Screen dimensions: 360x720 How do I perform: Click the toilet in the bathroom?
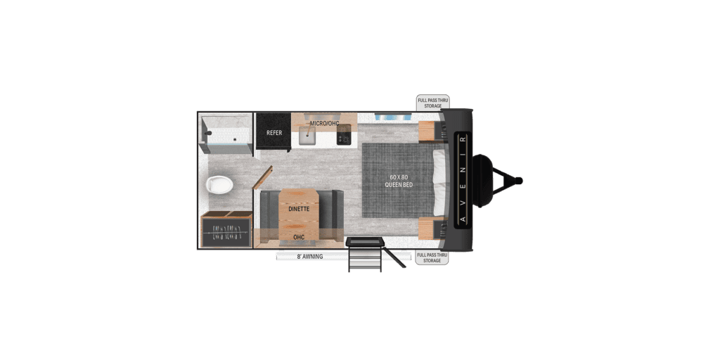pyautogui.click(x=219, y=185)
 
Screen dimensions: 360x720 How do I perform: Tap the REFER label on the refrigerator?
pyautogui.click(x=274, y=132)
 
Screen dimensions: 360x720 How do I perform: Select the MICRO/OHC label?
pyautogui.click(x=324, y=124)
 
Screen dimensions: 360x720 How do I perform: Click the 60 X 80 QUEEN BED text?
pyautogui.click(x=398, y=181)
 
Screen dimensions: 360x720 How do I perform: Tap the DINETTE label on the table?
pyautogui.click(x=299, y=209)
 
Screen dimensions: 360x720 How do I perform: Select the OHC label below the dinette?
pyautogui.click(x=299, y=237)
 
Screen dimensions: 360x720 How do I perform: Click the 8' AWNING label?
pyautogui.click(x=309, y=257)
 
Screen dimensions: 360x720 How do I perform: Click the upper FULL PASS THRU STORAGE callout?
pyautogui.click(x=432, y=103)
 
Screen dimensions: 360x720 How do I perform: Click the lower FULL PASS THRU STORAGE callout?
pyautogui.click(x=432, y=257)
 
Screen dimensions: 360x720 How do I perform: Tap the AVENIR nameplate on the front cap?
pyautogui.click(x=463, y=179)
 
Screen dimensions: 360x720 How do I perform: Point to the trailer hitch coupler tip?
pyautogui.click(x=519, y=181)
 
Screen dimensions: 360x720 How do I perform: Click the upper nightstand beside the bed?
pyautogui.click(x=428, y=131)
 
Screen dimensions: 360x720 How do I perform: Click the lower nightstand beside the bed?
pyautogui.click(x=428, y=228)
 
